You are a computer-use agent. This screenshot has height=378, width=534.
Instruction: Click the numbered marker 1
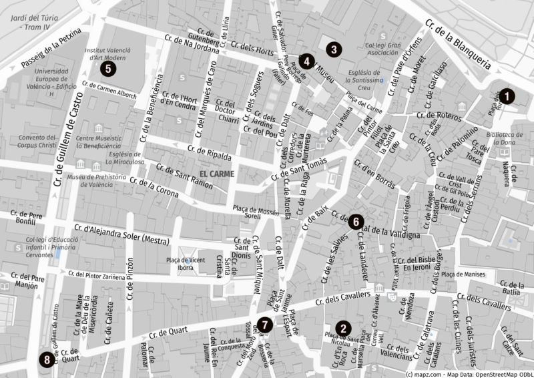507,96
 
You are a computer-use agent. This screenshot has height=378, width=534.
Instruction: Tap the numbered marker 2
343,328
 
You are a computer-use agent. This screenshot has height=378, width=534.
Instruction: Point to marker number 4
306,61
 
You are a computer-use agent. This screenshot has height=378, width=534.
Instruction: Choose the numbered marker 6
356,221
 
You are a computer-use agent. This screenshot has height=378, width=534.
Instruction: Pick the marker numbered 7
265,325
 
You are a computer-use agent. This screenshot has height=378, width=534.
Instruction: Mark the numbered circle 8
46,360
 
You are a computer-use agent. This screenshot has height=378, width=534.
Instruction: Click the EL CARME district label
213,174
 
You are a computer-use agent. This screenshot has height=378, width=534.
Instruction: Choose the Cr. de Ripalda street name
210,153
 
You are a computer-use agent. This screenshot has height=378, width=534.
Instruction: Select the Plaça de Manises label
466,274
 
